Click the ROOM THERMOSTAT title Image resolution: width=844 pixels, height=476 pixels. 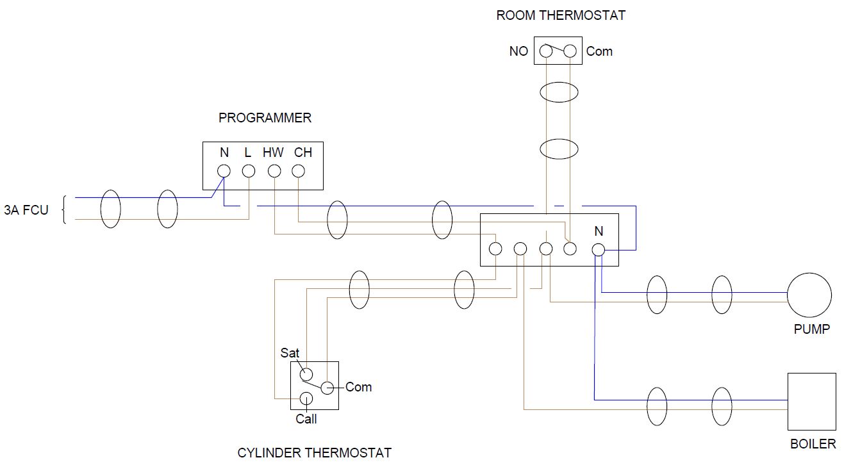[x=561, y=15]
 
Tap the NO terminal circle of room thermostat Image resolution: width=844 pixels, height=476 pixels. [x=546, y=51]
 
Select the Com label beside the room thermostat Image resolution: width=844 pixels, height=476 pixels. [x=599, y=51]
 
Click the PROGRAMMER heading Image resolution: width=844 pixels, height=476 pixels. [x=265, y=118]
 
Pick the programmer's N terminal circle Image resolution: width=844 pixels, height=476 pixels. [x=224, y=171]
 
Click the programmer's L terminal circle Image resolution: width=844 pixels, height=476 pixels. [x=249, y=171]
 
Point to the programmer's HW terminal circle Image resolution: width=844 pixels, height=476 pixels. [x=274, y=171]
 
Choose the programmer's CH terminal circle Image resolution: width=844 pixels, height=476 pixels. [x=298, y=171]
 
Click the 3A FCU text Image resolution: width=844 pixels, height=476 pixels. [x=26, y=209]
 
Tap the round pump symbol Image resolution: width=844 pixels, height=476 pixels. [x=809, y=295]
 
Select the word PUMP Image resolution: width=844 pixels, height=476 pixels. [x=811, y=329]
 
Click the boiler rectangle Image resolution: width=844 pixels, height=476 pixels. [x=811, y=402]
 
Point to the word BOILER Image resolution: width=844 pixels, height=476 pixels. [x=813, y=443]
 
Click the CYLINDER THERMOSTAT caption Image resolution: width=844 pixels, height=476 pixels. [x=314, y=453]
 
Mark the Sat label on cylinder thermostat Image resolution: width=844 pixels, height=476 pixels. [x=290, y=353]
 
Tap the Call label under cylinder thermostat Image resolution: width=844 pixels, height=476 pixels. [x=306, y=419]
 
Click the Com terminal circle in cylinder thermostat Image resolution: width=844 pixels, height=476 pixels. [x=327, y=387]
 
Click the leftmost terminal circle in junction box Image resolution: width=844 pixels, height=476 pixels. [x=495, y=249]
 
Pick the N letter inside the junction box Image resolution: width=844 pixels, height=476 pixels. [x=599, y=231]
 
